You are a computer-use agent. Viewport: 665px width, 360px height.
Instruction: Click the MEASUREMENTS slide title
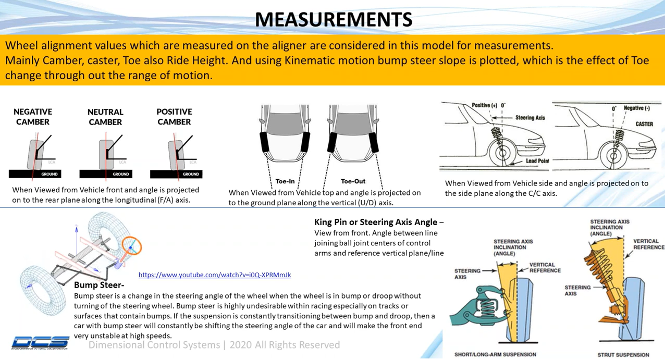coord(334,19)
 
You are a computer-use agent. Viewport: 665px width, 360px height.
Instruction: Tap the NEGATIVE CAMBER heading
coord(32,117)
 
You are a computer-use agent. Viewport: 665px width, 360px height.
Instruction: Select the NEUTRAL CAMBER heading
coord(105,117)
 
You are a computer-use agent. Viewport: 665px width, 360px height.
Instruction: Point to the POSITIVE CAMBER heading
coord(174,117)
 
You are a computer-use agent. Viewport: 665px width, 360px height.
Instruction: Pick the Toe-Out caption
coord(353,181)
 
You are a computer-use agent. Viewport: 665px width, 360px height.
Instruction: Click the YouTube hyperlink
coord(215,275)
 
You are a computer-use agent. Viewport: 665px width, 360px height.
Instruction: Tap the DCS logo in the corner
coord(40,342)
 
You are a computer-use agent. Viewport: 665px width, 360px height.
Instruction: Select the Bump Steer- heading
coord(99,285)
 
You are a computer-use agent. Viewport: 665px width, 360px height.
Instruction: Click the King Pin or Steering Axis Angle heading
coord(379,222)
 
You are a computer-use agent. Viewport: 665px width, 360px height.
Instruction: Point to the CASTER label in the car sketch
coord(644,124)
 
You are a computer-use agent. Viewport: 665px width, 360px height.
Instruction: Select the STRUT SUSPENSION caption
coord(623,355)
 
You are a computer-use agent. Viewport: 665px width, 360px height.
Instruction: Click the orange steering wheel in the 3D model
coord(132,246)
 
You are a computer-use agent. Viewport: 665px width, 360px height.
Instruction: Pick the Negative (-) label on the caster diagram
coord(637,108)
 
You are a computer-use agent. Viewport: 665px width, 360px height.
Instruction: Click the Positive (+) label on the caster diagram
coord(484,105)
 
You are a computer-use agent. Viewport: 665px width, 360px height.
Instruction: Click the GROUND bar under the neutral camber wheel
coord(105,174)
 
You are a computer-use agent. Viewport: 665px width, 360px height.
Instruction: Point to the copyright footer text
coord(214,345)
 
